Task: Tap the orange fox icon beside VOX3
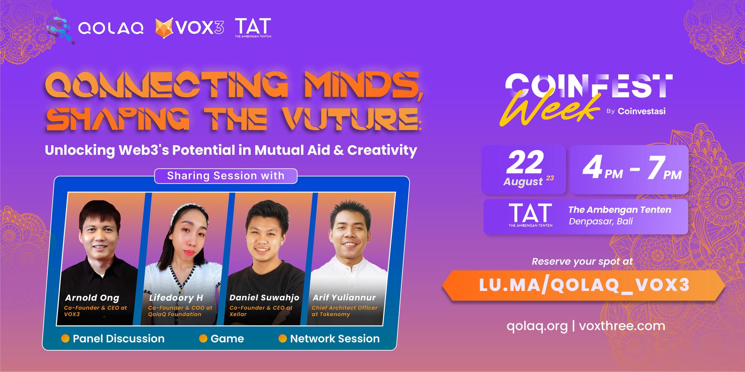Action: pos(165,28)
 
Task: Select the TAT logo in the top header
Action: pos(253,28)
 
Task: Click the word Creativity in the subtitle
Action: pos(382,150)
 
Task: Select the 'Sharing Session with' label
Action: pos(226,176)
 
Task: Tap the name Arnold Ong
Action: pos(92,298)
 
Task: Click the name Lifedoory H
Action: pos(176,298)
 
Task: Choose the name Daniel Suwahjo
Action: pos(264,298)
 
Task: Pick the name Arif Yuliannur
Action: pos(344,298)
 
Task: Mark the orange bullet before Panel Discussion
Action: pos(65,339)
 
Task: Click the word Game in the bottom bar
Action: pos(227,339)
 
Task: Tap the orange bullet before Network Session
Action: pos(282,339)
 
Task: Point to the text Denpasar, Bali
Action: pos(601,221)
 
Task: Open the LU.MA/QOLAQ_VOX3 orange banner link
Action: pos(584,286)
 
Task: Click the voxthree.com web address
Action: pos(622,326)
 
